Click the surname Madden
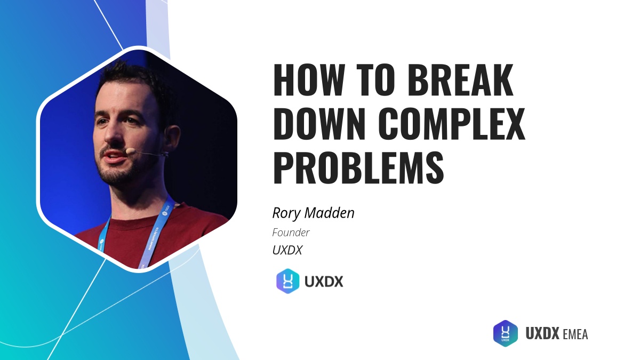click(x=332, y=213)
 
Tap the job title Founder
click(x=291, y=233)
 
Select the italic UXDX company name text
click(x=287, y=250)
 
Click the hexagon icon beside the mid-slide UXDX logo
click(x=288, y=281)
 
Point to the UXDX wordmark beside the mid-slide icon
click(x=324, y=282)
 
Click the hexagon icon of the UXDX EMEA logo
click(x=505, y=333)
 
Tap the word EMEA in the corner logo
click(x=575, y=334)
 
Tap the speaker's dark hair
click(x=133, y=80)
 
